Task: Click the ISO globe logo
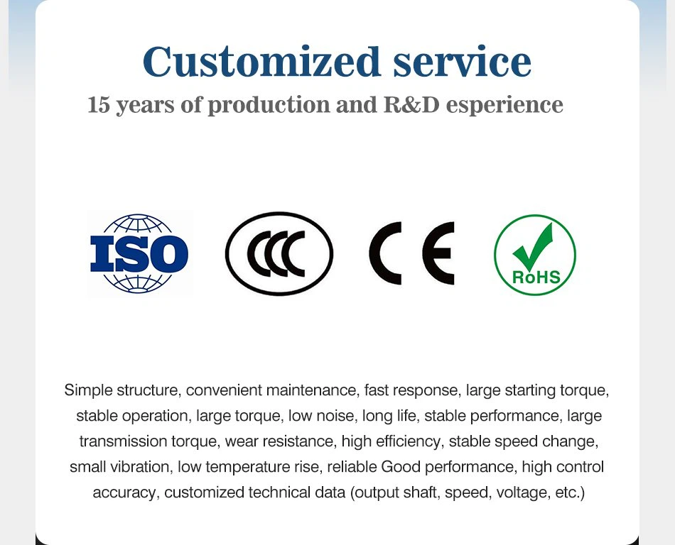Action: [139, 253]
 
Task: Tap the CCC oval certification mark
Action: [279, 253]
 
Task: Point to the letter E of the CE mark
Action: [438, 253]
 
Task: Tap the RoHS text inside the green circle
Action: [535, 276]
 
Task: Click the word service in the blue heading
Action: [462, 62]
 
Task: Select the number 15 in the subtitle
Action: [100, 105]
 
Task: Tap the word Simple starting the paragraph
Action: [87, 390]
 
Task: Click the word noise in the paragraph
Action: [337, 416]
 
